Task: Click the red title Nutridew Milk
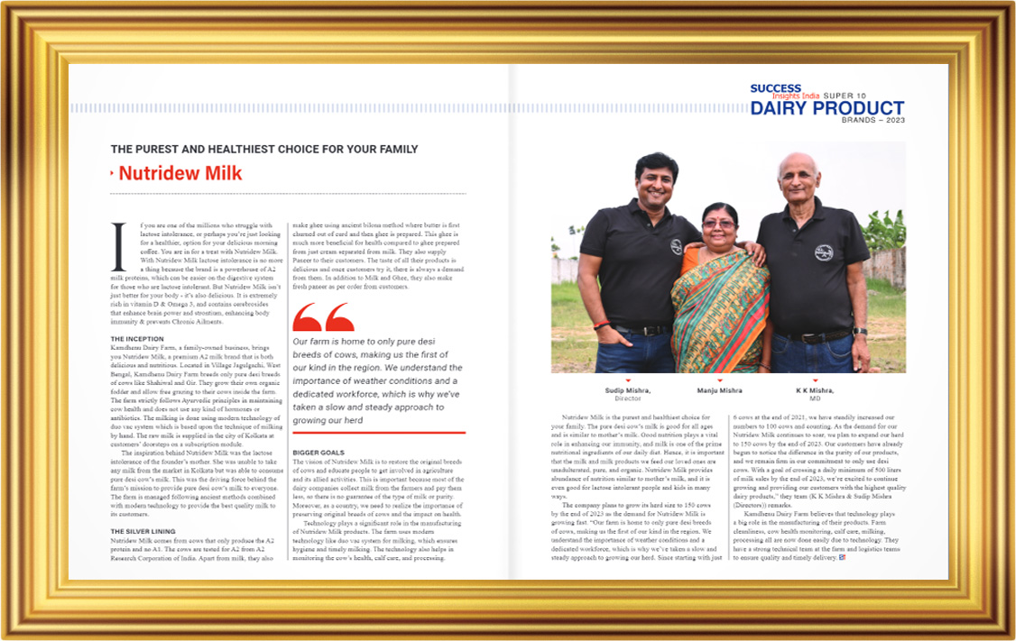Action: point(180,173)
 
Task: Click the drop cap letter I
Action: point(115,245)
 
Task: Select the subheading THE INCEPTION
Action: point(136,338)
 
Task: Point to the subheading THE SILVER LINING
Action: point(143,532)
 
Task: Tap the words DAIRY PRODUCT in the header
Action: point(827,109)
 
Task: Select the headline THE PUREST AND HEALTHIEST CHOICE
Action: point(264,149)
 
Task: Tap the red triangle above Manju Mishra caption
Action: point(719,380)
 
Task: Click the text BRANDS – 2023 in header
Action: point(873,120)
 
